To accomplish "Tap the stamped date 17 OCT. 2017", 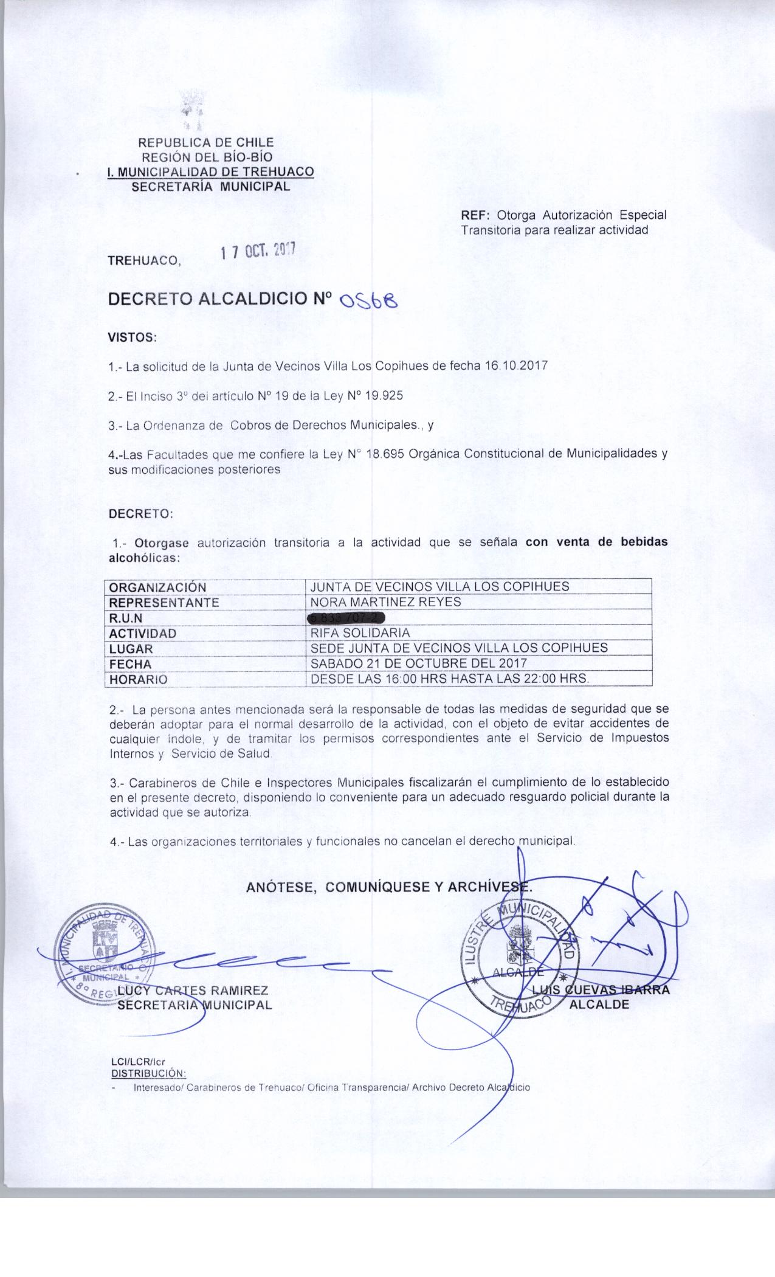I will [258, 252].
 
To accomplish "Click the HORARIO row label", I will [138, 680].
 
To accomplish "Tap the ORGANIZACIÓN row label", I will [157, 587].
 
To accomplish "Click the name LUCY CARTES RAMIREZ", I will [193, 991].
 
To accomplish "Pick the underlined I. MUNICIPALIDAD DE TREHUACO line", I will [210, 172].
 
